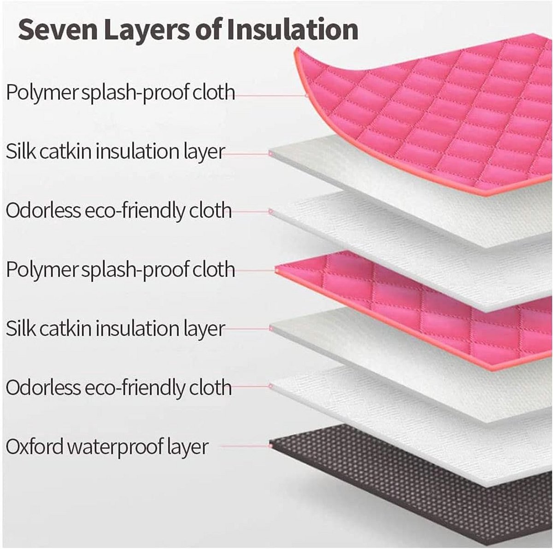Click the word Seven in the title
(58, 30)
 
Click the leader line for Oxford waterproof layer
(245, 446)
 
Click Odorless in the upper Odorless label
(43, 211)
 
